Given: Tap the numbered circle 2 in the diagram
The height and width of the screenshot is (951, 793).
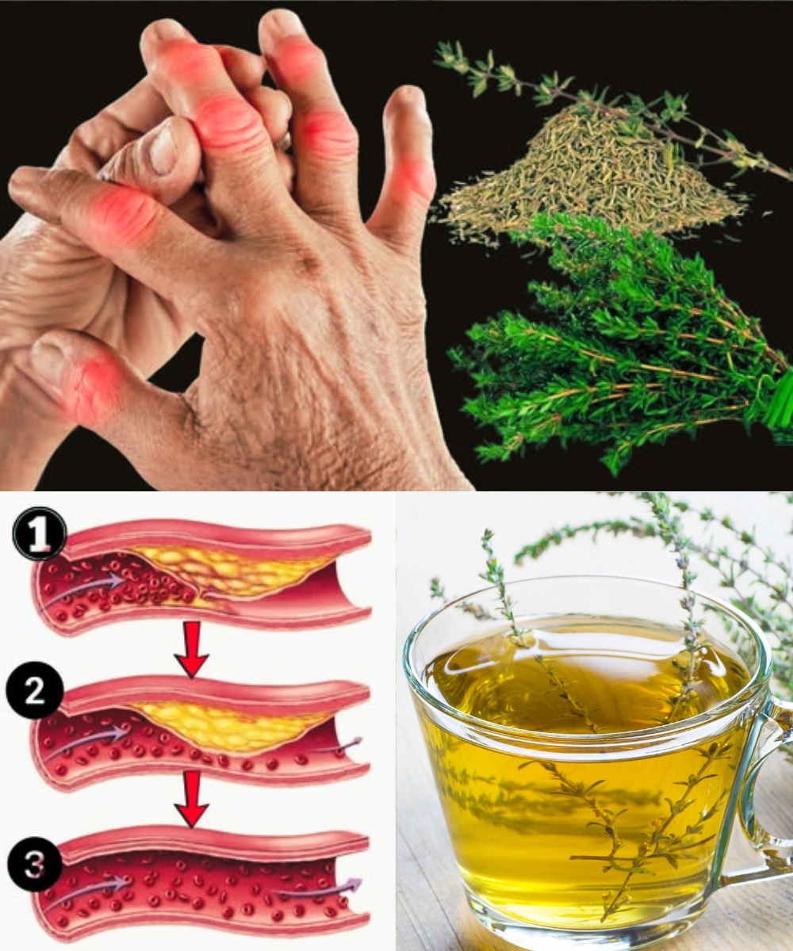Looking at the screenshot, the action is pos(34,690).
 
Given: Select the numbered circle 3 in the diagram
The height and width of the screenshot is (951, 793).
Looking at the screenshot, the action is pos(35,863).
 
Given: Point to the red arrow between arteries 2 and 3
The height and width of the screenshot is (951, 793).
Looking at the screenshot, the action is pos(192,800).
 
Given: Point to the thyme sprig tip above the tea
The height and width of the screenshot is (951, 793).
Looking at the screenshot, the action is pos(488,534).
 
